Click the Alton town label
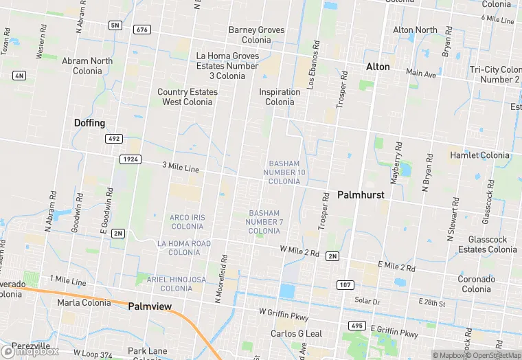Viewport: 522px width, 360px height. (x=378, y=67)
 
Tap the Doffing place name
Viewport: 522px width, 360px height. (x=89, y=123)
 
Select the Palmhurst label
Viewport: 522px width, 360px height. (x=361, y=195)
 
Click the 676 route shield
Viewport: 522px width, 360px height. (x=143, y=30)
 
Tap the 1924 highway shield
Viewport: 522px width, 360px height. (x=130, y=159)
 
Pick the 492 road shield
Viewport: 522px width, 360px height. (x=114, y=139)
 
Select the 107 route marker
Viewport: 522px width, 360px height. (x=345, y=284)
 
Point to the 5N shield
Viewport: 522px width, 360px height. (x=114, y=26)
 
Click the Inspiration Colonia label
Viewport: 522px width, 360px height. (x=280, y=97)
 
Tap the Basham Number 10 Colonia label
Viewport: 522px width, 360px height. (x=284, y=172)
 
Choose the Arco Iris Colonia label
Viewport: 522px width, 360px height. (x=188, y=222)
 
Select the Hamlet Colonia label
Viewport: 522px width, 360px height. (x=480, y=156)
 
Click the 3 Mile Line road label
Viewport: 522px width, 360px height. (x=181, y=168)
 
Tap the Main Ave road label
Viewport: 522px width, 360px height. (x=421, y=73)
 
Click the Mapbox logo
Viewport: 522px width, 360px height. (x=30, y=351)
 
